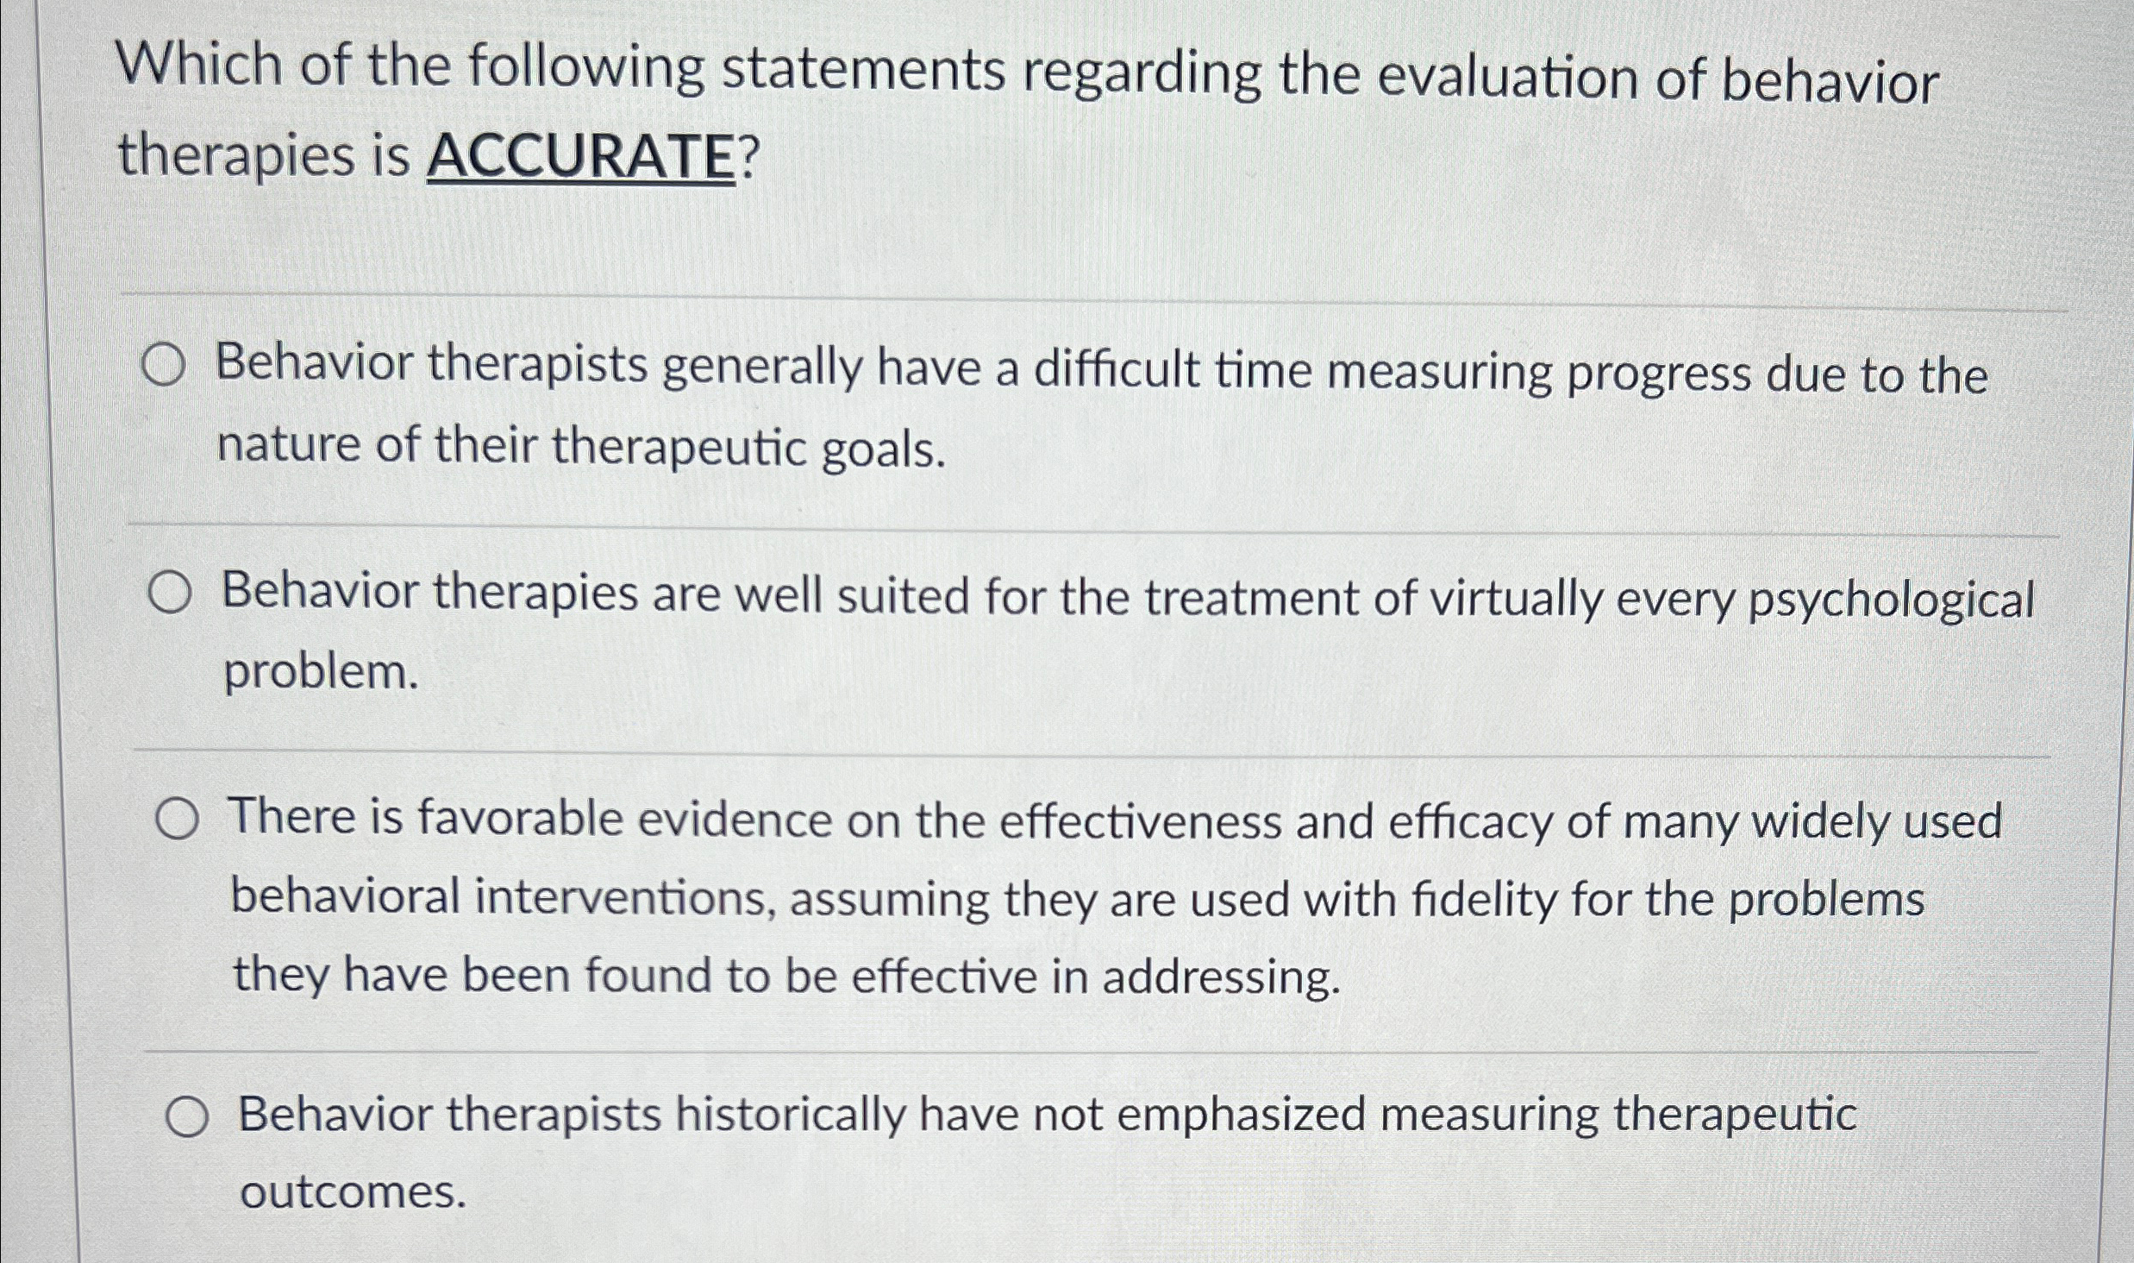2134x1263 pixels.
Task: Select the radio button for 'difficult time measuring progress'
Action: pyautogui.click(x=163, y=366)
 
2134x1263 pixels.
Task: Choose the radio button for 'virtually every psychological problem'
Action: pyautogui.click(x=169, y=594)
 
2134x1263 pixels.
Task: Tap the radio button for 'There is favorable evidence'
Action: pyautogui.click(x=178, y=820)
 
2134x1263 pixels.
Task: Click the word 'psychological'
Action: pyautogui.click(x=1889, y=601)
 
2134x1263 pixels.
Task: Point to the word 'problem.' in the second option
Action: pyautogui.click(x=321, y=673)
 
